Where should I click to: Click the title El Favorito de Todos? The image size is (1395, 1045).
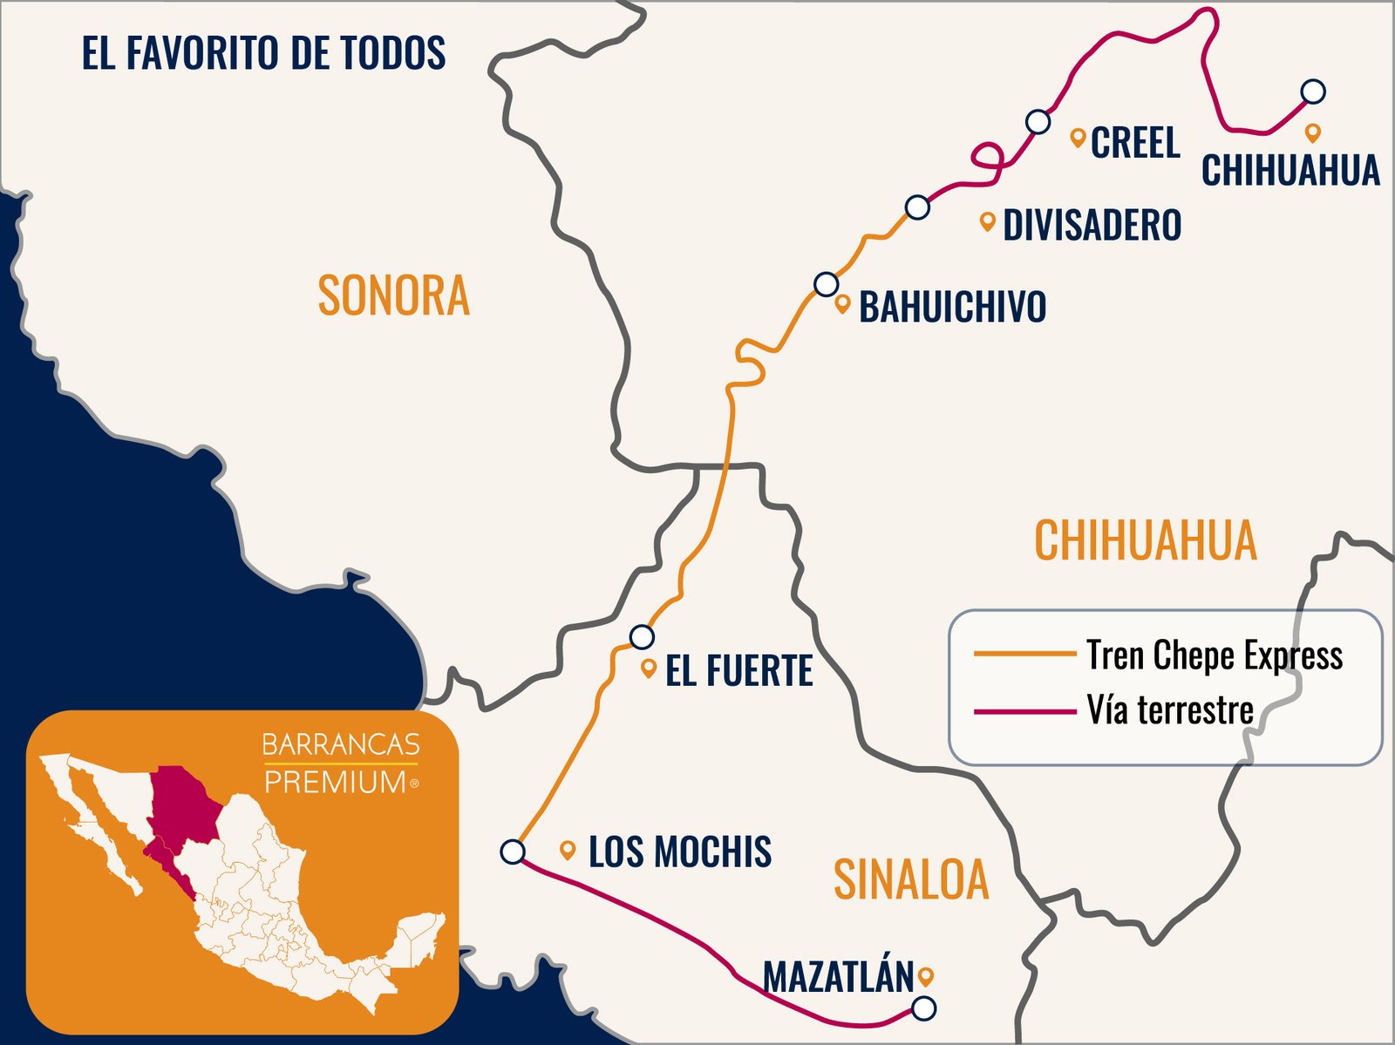[x=263, y=53]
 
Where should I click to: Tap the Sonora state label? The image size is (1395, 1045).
[x=393, y=295]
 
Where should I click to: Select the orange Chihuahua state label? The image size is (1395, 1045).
[x=1145, y=540]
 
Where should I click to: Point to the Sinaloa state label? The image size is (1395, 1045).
[x=911, y=879]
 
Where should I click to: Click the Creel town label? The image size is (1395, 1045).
[x=1135, y=143]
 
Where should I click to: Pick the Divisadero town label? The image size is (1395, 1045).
[x=1092, y=225]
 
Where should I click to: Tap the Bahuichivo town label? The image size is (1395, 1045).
[x=952, y=307]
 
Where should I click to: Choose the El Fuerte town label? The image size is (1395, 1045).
[x=738, y=670]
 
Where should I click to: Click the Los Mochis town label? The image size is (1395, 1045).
[x=679, y=852]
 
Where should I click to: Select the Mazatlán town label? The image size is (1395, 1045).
[x=838, y=977]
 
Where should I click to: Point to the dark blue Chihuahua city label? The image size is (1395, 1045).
[x=1290, y=170]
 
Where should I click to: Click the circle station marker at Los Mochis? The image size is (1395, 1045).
[x=513, y=852]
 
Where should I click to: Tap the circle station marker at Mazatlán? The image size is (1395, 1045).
[x=923, y=1008]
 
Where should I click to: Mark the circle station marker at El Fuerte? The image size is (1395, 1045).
[x=642, y=637]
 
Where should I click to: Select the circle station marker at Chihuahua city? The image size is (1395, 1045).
[x=1312, y=91]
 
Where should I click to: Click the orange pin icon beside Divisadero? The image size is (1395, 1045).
[x=987, y=221]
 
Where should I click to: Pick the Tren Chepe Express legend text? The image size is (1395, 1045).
[x=1214, y=655]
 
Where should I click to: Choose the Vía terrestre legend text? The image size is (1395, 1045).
[x=1169, y=710]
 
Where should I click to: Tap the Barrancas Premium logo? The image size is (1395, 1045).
[x=341, y=763]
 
